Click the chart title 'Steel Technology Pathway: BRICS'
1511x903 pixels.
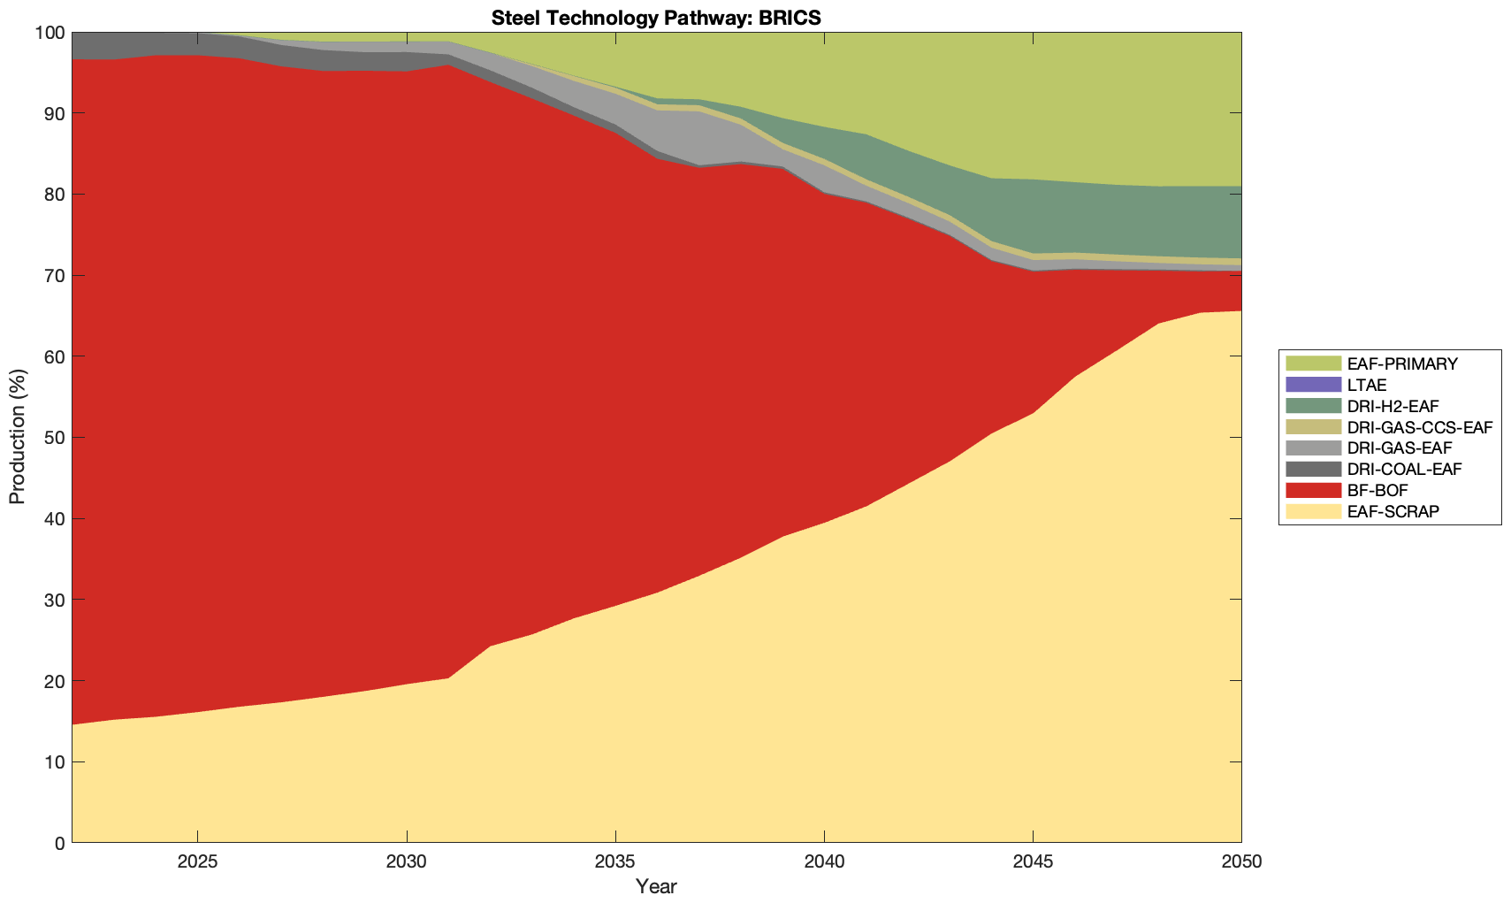coord(656,18)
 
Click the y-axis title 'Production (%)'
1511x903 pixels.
coord(18,437)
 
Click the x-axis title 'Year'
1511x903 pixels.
coord(656,886)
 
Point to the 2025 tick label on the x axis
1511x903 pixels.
coord(197,862)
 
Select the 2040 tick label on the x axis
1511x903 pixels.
coord(824,862)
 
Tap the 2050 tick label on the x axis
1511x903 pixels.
coord(1241,862)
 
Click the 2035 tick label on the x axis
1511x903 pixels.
coord(615,862)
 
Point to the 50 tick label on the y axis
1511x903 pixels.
coord(52,438)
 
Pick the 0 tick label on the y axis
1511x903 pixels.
coord(58,843)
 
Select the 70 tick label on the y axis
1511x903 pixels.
coord(52,276)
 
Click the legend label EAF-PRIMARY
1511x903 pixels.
coord(1402,363)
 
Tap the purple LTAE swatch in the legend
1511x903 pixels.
coord(1313,385)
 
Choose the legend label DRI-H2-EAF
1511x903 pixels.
coord(1393,406)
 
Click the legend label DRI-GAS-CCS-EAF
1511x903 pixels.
coord(1419,427)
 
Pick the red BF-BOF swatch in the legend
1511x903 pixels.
coord(1313,490)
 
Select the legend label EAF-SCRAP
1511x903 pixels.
coord(1393,511)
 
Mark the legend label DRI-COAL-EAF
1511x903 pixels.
coord(1404,469)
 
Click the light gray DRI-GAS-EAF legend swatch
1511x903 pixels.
coord(1313,448)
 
